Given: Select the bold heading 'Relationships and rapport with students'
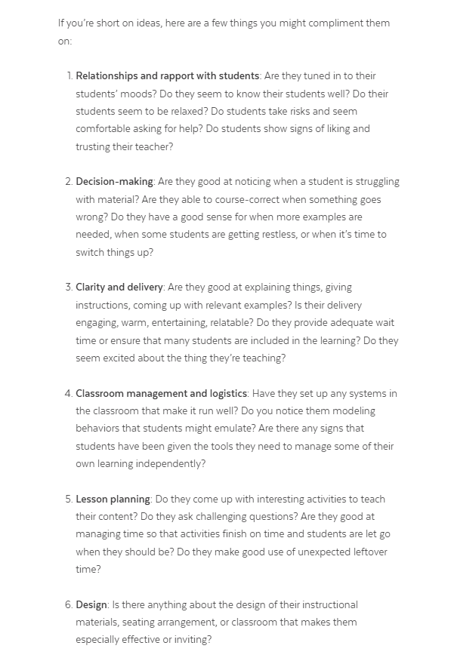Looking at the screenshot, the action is point(168,75).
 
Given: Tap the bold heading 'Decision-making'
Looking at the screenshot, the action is point(114,181).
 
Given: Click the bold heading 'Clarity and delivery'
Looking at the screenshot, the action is point(119,287).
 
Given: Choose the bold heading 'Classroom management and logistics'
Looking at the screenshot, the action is point(162,393).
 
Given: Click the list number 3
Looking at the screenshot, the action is point(69,287).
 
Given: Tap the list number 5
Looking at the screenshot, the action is point(69,499).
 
